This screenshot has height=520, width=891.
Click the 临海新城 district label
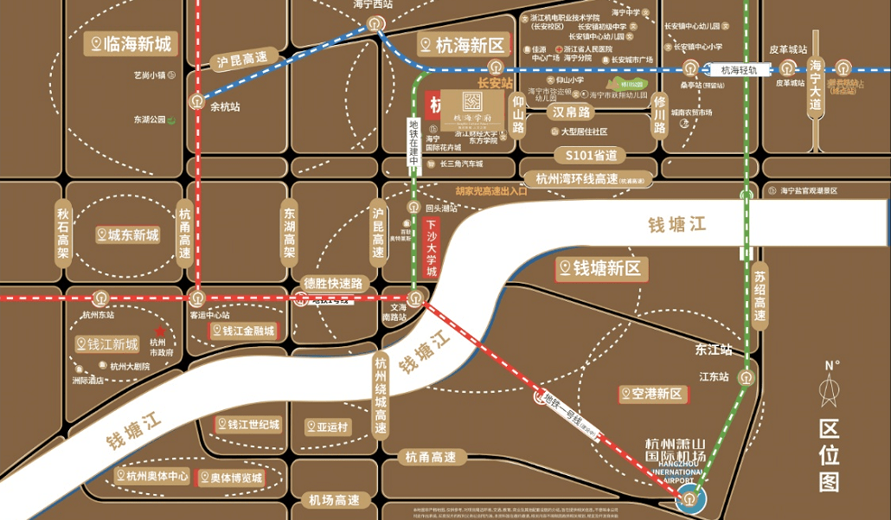(132, 43)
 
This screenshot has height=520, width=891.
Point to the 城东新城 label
(128, 234)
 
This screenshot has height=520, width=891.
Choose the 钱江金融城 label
(245, 331)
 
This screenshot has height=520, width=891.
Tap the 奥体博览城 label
(228, 478)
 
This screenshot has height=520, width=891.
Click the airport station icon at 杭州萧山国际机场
(689, 498)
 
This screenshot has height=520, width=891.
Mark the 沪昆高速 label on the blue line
(243, 61)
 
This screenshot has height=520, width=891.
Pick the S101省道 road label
(590, 156)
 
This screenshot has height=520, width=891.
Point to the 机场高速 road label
(335, 500)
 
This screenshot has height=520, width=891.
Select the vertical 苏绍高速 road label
(760, 293)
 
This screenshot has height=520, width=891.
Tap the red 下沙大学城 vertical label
(433, 247)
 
